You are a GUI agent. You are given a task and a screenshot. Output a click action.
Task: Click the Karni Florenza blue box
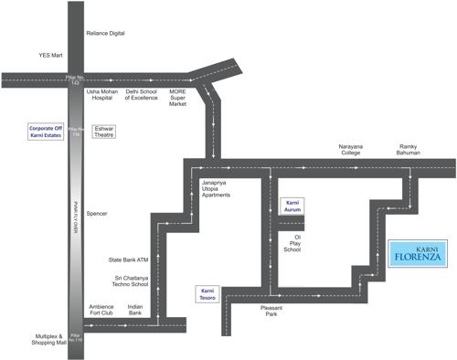(x=417, y=253)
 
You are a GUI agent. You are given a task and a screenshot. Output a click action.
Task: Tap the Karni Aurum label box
(x=293, y=206)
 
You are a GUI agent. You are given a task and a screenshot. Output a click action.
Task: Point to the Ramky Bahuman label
(x=410, y=149)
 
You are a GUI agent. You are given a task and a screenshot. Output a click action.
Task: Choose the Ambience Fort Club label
(x=101, y=310)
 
